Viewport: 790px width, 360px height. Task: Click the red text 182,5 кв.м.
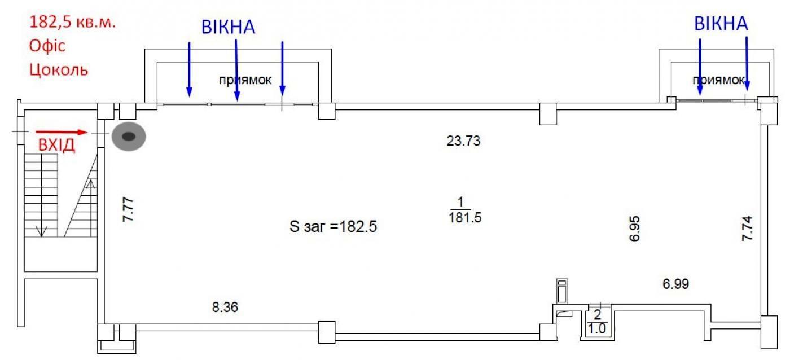(72, 22)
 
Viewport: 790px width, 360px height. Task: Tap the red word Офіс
(47, 46)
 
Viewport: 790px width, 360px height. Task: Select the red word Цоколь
(59, 69)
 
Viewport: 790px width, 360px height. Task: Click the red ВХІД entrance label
(56, 145)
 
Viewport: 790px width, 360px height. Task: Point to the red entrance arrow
(62, 132)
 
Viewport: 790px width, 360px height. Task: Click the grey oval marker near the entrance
(129, 137)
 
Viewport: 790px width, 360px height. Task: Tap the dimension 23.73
(463, 141)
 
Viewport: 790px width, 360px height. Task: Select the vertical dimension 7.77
(129, 209)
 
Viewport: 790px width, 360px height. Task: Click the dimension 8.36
(225, 307)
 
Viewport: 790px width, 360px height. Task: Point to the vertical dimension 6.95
(634, 229)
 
